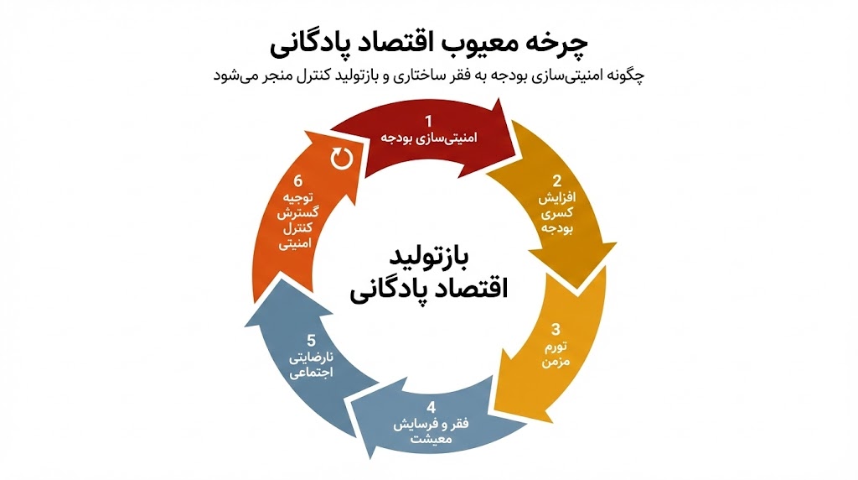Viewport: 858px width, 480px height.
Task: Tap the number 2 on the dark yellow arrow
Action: pos(556,180)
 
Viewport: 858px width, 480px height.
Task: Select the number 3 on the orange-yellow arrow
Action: pos(556,329)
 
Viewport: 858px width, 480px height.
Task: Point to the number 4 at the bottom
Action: pos(431,408)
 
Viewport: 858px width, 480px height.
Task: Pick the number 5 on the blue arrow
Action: pos(311,340)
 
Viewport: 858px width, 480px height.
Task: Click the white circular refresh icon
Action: pos(341,157)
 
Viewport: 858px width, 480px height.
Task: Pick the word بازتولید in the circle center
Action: pos(428,254)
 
